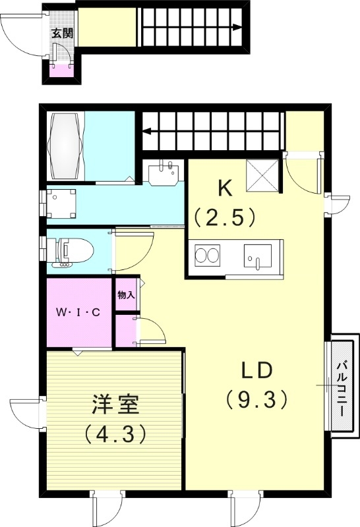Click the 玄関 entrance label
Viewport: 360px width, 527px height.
[x=62, y=34]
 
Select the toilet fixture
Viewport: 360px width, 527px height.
[x=70, y=251]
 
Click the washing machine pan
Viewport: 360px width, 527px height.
[x=61, y=204]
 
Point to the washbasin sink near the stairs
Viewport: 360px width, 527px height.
[x=164, y=171]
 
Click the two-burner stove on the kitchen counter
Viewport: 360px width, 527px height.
[x=208, y=256]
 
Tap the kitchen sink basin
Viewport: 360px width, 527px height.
[x=258, y=256]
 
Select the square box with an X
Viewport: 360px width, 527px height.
[x=263, y=175]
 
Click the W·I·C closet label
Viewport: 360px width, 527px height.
[x=78, y=312]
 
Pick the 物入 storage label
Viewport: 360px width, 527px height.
[x=126, y=295]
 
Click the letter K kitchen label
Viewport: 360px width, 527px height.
[x=225, y=189]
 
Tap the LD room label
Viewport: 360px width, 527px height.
[x=256, y=371]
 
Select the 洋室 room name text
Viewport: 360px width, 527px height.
[x=115, y=404]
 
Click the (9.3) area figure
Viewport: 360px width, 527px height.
[x=256, y=399]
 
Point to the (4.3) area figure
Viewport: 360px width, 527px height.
[x=115, y=434]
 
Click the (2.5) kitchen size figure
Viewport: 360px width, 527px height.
[x=225, y=217]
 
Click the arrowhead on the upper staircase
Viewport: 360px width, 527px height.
[x=237, y=27]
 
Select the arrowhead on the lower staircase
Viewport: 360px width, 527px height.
[x=146, y=131]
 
